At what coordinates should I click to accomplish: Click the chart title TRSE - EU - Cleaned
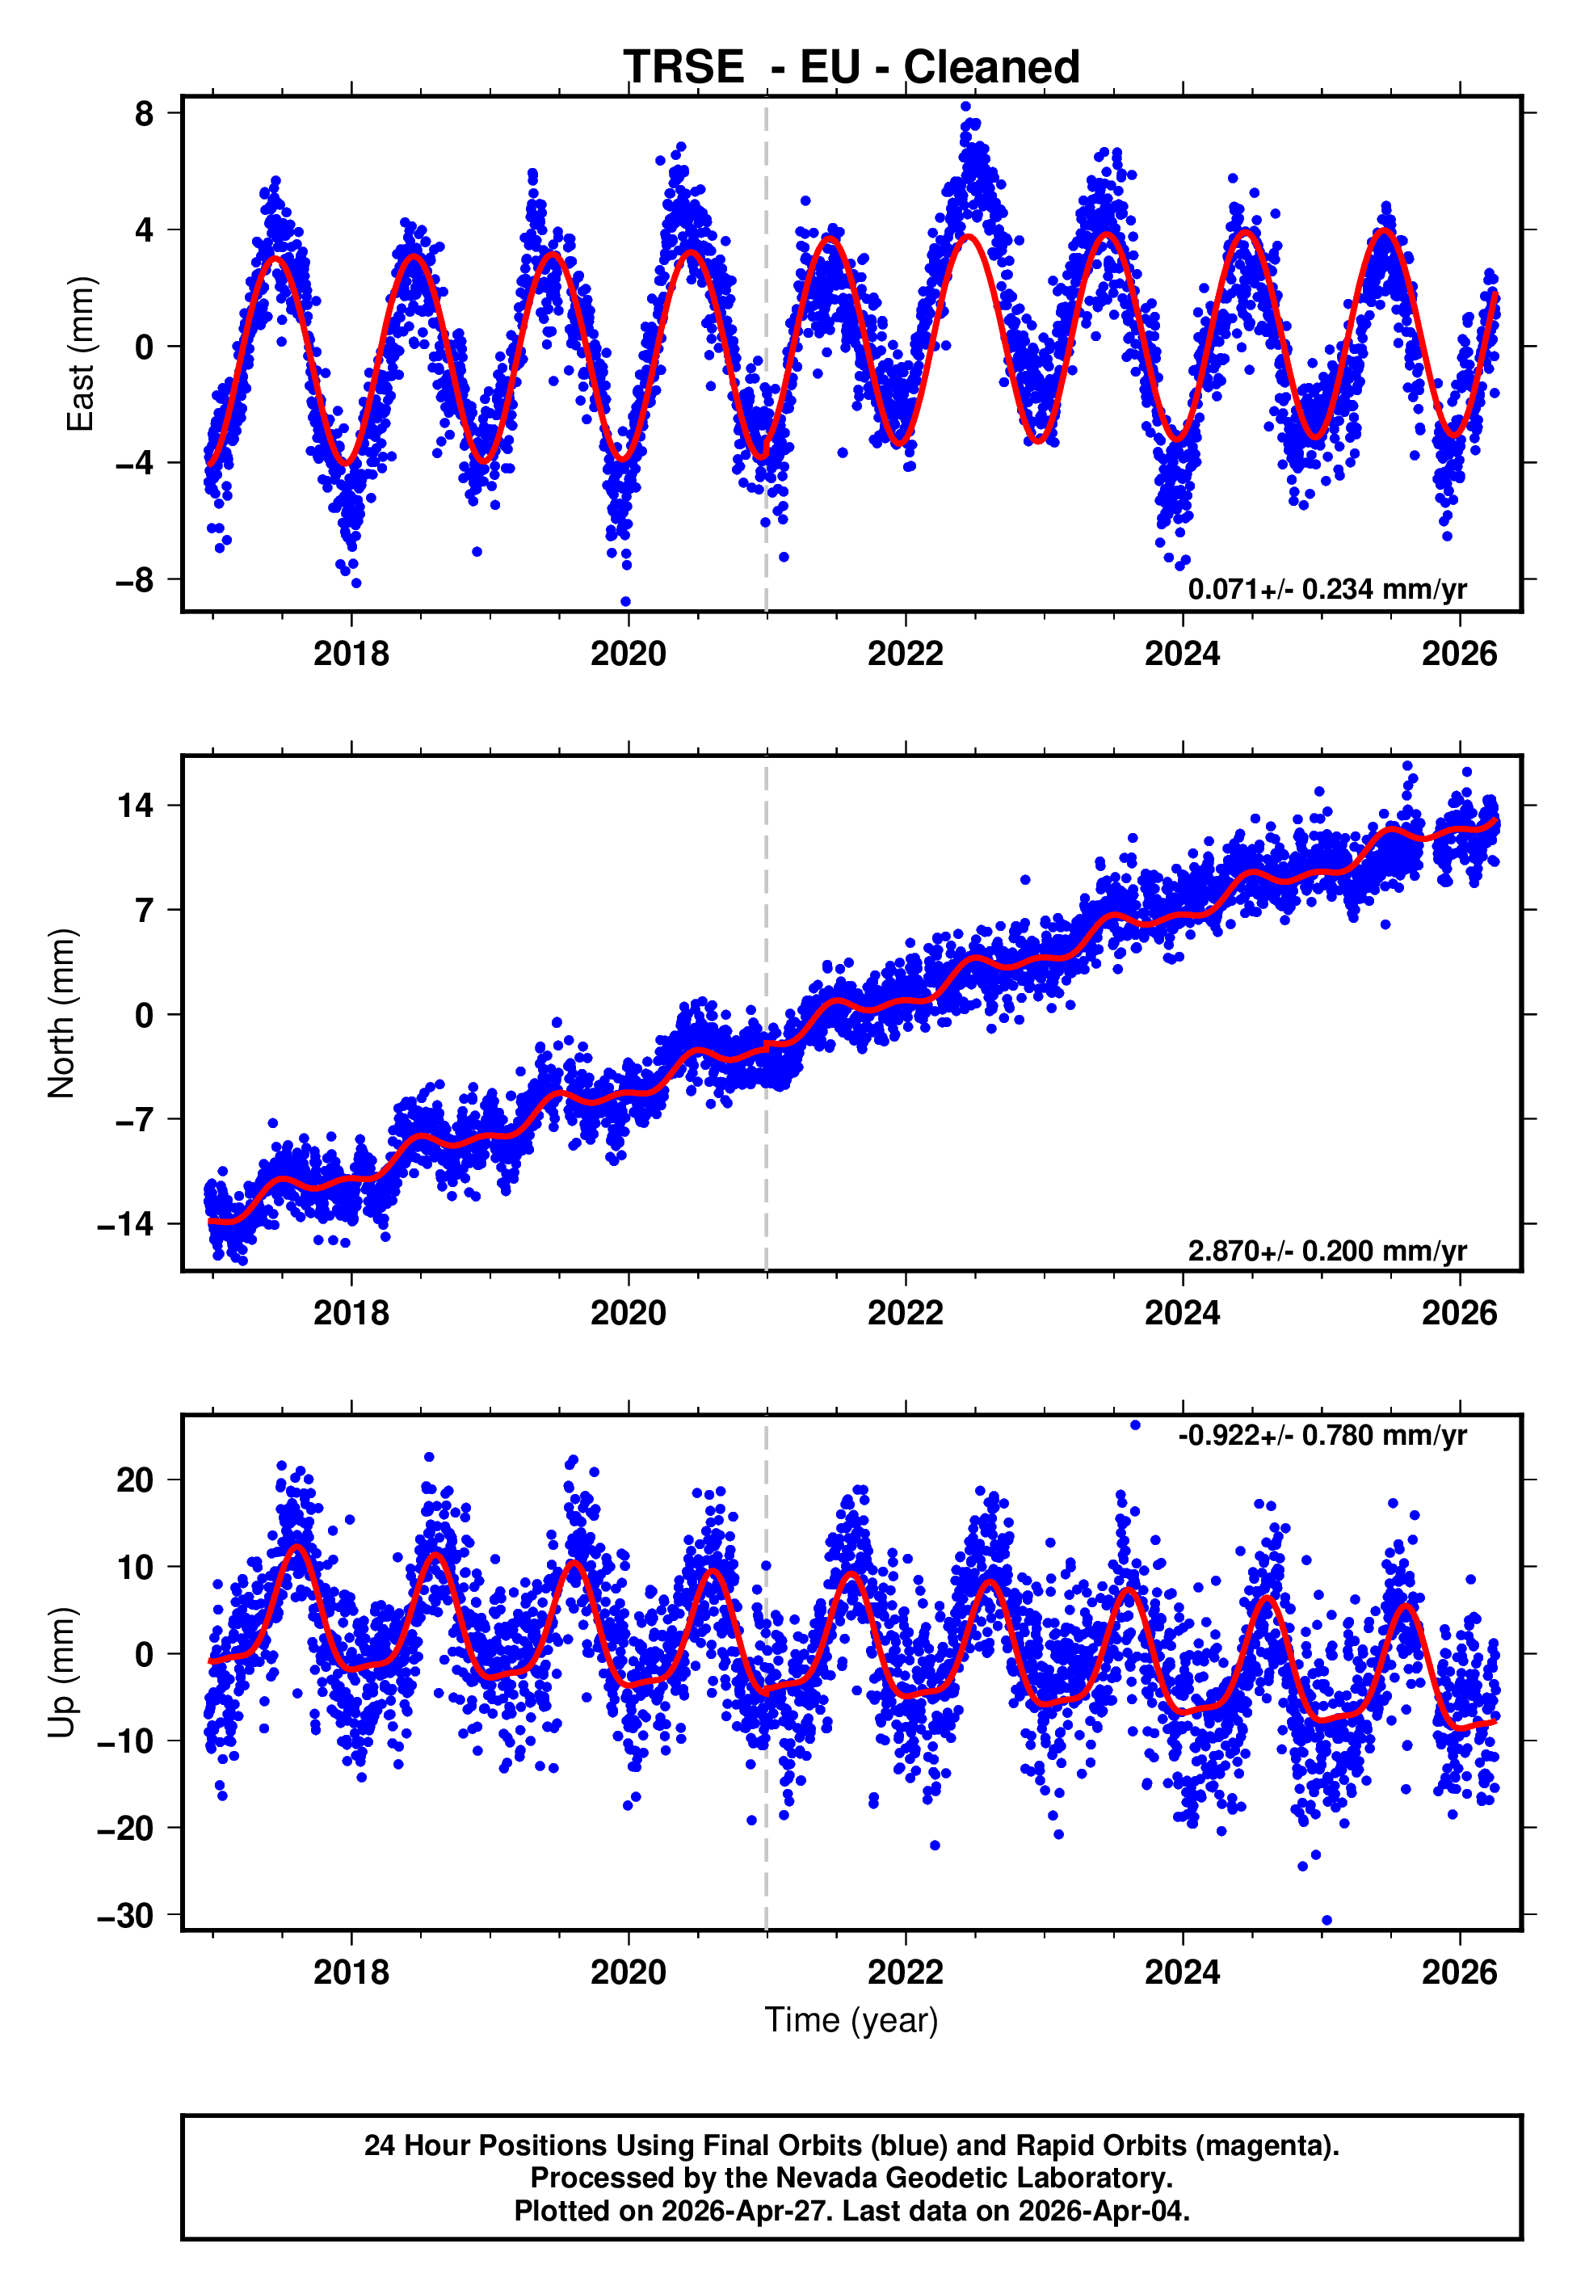[851, 68]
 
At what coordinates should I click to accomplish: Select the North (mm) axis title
[61, 1013]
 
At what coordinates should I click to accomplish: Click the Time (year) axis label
[851, 2020]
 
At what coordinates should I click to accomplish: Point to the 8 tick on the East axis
[145, 113]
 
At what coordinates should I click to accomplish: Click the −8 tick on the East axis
[135, 579]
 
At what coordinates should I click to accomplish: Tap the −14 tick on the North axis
[126, 1223]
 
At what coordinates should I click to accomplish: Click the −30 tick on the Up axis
[126, 1916]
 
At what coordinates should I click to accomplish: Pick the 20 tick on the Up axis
[136, 1480]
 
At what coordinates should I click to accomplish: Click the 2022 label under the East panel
[905, 654]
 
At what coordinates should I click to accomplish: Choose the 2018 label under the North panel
[351, 1313]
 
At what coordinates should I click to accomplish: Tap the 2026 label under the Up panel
[1459, 1972]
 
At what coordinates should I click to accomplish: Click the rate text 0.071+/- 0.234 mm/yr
[1326, 589]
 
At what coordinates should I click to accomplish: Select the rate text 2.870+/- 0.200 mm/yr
[1326, 1250]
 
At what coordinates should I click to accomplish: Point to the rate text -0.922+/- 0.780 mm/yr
[1322, 1435]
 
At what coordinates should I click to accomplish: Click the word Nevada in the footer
[820, 2178]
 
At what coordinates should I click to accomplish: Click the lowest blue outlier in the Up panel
[1326, 1921]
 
